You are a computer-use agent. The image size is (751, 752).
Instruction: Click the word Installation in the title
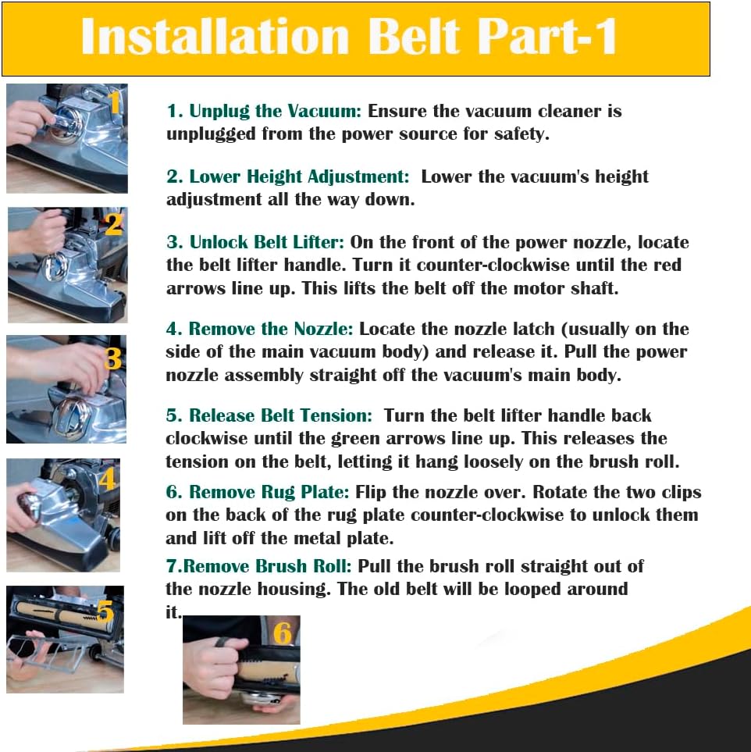[215, 37]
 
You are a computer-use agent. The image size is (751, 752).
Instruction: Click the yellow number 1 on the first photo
[114, 102]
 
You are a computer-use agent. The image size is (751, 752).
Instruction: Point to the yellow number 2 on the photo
[114, 224]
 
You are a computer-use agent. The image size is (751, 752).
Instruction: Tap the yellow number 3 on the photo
[112, 358]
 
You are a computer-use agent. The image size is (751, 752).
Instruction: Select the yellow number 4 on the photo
[108, 478]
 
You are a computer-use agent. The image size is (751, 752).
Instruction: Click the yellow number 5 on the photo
[105, 611]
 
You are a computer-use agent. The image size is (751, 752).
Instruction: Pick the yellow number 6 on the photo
[282, 633]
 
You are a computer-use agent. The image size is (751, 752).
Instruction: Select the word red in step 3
[667, 265]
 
